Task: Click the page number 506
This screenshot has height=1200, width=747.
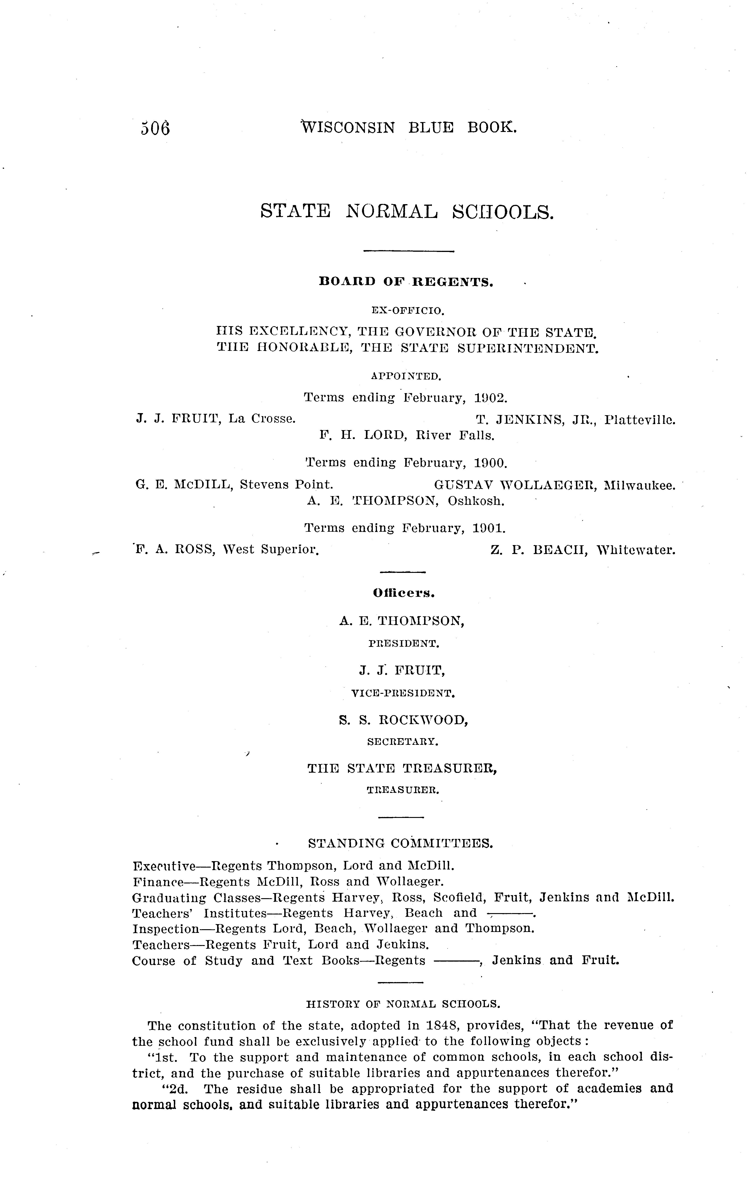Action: click(x=155, y=129)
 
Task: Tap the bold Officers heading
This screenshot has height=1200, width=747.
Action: click(x=404, y=594)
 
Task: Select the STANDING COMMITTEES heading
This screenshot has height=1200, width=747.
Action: click(x=401, y=843)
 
